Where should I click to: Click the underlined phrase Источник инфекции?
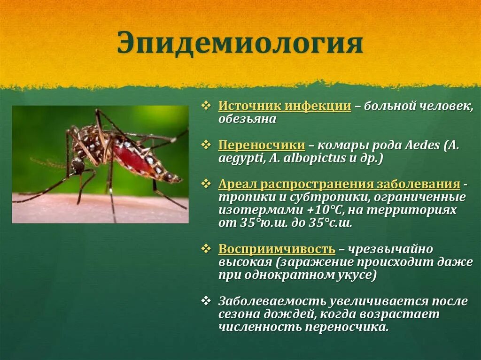(285, 106)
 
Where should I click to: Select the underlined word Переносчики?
(262, 145)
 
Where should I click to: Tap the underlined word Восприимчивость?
(277, 249)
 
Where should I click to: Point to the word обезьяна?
(247, 119)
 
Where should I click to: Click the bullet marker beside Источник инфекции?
(207, 106)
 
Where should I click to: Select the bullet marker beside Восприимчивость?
(207, 248)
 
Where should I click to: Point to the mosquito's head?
(78, 166)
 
